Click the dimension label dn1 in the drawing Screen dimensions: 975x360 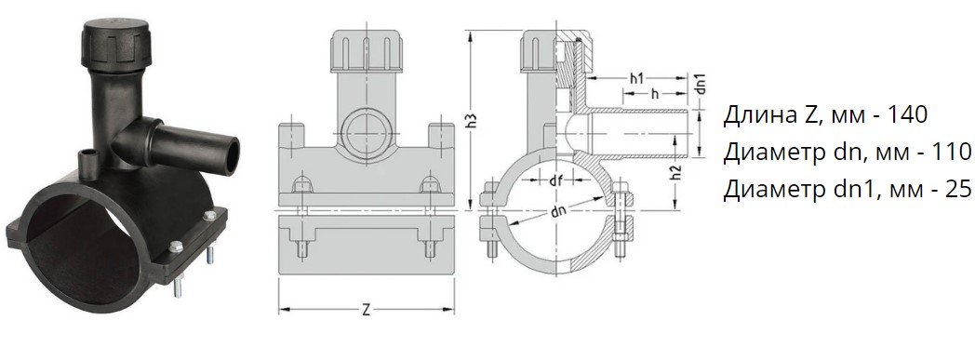click(701, 84)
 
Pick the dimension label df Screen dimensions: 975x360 click(557, 180)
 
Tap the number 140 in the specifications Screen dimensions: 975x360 click(907, 114)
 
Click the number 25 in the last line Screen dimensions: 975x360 click(957, 190)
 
